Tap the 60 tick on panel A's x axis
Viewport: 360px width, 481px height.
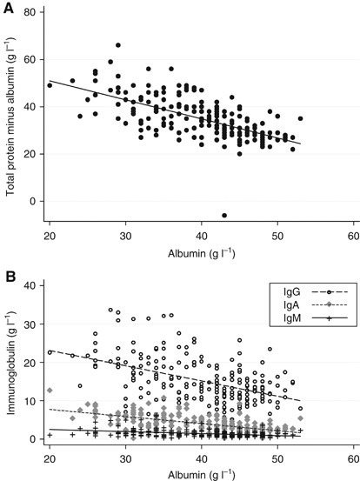[x=353, y=237]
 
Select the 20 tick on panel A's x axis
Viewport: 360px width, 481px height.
[x=49, y=237]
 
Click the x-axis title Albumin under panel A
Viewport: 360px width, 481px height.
[x=201, y=254]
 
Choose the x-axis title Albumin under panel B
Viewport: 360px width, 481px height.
[x=201, y=474]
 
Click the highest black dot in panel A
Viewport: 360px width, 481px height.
[x=117, y=45]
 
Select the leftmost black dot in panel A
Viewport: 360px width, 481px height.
[x=50, y=86]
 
